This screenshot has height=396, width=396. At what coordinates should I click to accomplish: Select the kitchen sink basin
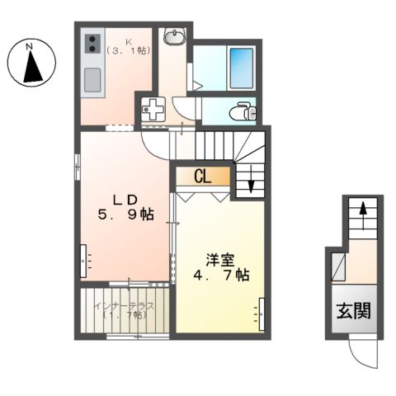click(x=91, y=81)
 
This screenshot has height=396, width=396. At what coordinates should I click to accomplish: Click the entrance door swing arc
click(x=363, y=356)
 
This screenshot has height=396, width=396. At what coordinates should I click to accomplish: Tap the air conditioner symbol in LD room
click(x=84, y=261)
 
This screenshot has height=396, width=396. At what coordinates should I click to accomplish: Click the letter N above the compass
click(x=30, y=45)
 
